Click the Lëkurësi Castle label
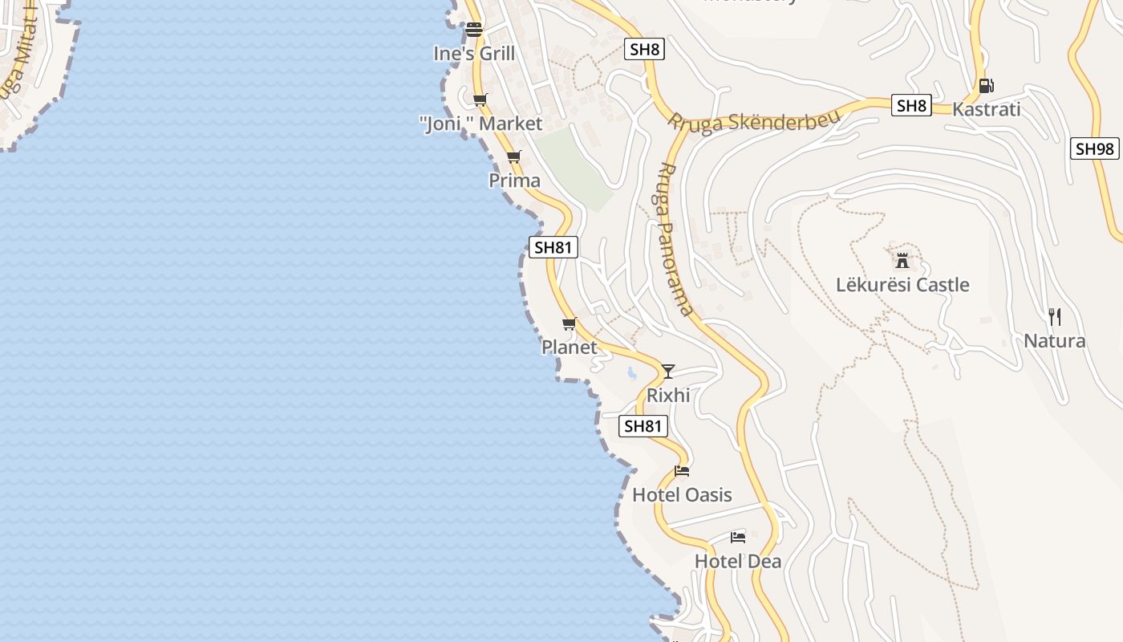(x=902, y=285)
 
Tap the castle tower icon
(x=902, y=260)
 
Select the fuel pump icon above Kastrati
(x=986, y=86)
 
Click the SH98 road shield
(x=1094, y=148)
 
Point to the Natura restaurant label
(x=1054, y=341)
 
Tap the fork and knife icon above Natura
(x=1055, y=317)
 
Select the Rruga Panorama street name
(x=675, y=239)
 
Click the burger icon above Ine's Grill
(x=474, y=30)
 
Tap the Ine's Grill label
(x=474, y=54)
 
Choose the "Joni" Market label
(x=480, y=124)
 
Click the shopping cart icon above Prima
(x=513, y=156)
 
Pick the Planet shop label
(x=570, y=347)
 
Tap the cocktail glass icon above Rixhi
(x=667, y=371)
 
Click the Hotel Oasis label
(x=682, y=494)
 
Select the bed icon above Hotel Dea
(x=738, y=537)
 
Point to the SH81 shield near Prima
(x=553, y=247)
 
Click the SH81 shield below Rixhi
(x=643, y=426)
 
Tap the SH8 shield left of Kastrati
(x=911, y=105)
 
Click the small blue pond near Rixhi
(x=632, y=373)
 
